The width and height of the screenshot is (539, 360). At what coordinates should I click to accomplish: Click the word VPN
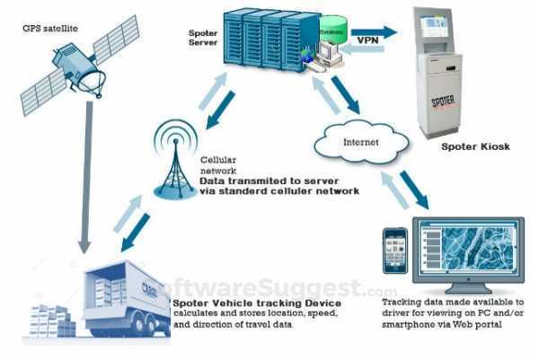[367, 40]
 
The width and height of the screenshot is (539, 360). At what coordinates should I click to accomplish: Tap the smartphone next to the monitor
[394, 249]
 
